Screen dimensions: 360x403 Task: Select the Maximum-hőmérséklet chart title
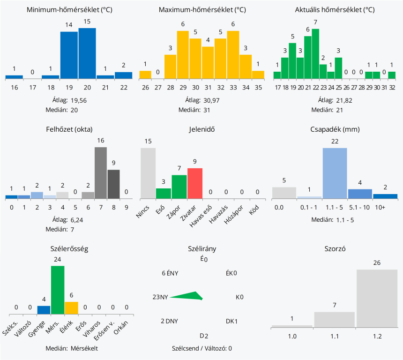202,10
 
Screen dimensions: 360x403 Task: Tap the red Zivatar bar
195,184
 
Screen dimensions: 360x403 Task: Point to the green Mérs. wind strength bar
58,290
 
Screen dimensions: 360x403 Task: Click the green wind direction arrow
187,296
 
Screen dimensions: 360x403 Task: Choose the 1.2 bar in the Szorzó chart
377,298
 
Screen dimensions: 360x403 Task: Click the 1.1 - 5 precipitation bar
335,173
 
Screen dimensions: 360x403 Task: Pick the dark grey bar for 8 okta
113,184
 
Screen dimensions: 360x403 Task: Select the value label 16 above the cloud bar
100,141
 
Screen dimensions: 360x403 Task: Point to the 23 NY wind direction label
160,297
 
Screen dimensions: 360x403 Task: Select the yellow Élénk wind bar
71,307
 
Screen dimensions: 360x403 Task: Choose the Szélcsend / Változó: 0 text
202,348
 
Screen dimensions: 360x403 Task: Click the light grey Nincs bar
148,173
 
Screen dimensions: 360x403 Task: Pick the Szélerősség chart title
69,248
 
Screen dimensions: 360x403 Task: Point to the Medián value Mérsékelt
84,348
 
